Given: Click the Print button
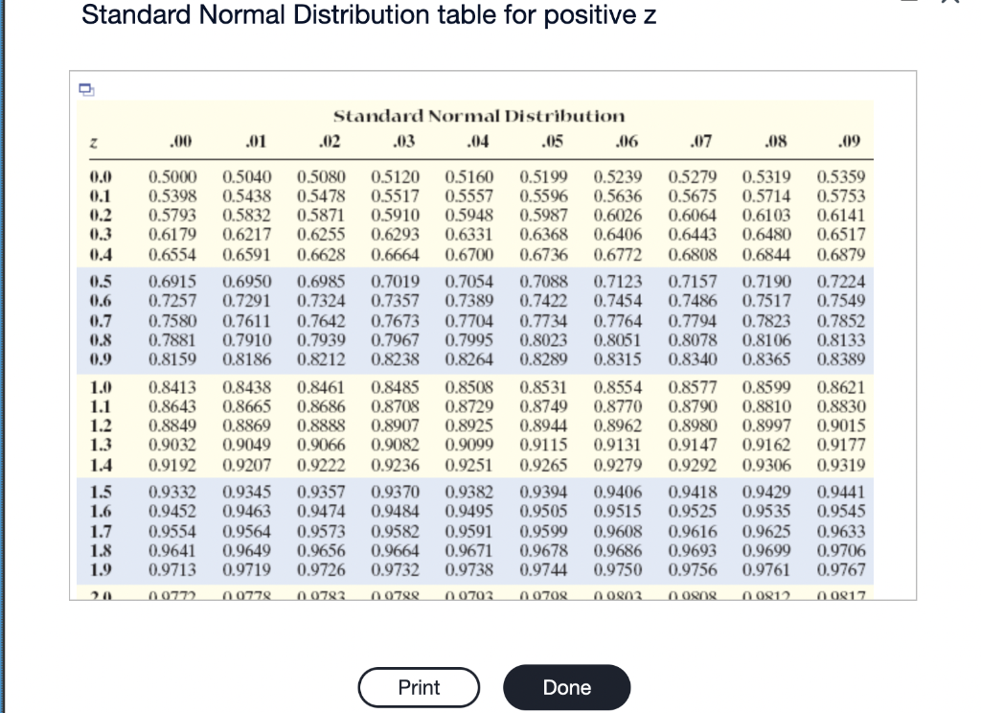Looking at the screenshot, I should (x=419, y=687).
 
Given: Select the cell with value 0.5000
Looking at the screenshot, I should (x=172, y=177).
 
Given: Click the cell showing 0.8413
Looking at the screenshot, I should (x=172, y=389).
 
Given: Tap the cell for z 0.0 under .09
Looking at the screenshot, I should (x=841, y=177).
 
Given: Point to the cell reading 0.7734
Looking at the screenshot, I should (x=543, y=320).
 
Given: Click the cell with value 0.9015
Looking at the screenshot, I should (x=841, y=425).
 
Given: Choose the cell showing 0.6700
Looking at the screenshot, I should (x=469, y=255).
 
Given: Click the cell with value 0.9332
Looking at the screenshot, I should (x=172, y=493).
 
